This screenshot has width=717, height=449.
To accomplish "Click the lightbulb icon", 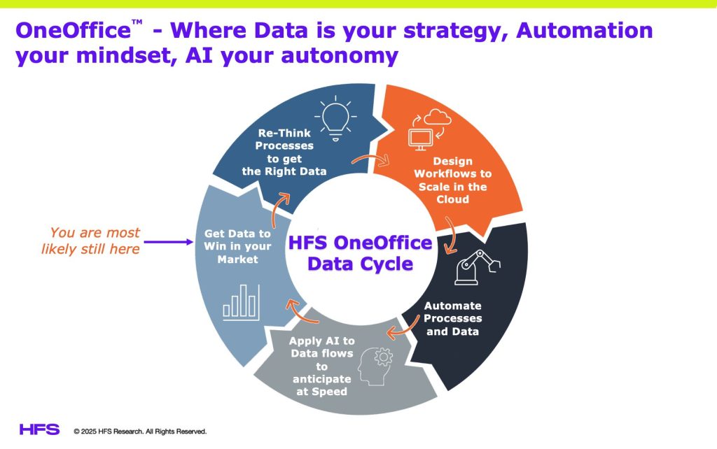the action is pos(335,118).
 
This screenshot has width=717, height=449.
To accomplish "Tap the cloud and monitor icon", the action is pos(429,130).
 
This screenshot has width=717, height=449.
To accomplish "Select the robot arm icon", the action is pos(477,268).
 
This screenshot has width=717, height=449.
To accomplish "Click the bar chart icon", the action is pos(241,302).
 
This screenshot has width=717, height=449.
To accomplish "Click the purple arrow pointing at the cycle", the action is pos(168,241).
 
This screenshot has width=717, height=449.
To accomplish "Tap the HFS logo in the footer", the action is pos(39,429).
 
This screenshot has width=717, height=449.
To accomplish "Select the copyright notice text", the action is pos(140,432).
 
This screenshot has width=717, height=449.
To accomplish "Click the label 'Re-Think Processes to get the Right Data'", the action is pos(284,152).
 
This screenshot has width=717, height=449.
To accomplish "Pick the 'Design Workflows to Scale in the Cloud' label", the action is pos(453,180).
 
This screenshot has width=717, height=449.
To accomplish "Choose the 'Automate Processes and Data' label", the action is pos(453,318).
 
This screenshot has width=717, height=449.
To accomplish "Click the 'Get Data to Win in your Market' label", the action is pos(237,246).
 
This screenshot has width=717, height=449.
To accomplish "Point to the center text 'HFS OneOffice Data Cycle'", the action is pos(361,253).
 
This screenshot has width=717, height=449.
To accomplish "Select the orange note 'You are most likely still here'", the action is pos(90,241).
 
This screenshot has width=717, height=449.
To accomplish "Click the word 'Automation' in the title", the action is pos(585,31).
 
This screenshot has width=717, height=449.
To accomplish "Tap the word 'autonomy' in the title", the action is pos(340,56).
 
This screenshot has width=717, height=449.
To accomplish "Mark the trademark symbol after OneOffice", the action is pos(137,22).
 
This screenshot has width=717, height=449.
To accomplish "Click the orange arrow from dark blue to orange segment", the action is pos(371,159).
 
